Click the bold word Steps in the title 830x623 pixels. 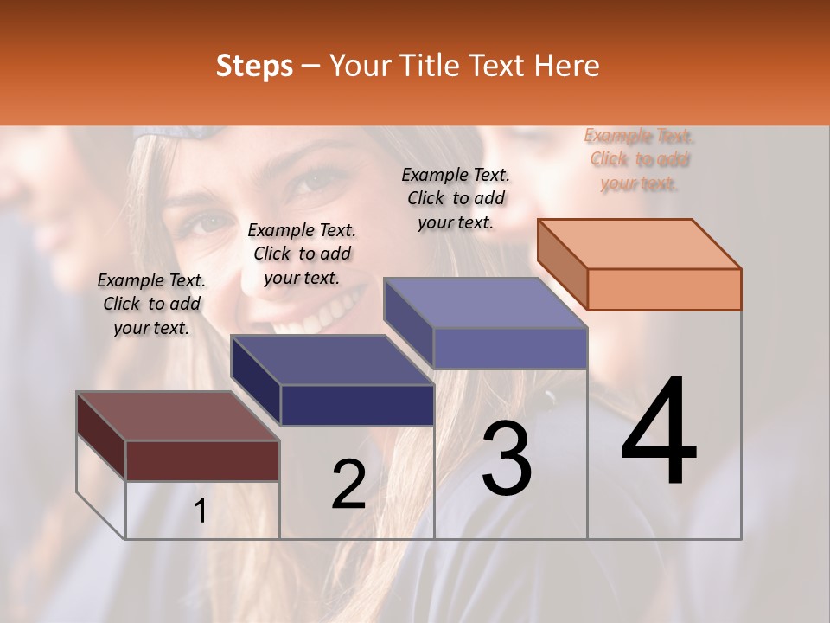coord(254,66)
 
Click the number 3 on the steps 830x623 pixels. coord(507,459)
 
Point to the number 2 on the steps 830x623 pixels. coord(348,485)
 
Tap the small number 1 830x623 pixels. coord(201,511)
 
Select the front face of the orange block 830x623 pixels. coord(664,289)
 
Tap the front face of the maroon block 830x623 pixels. coord(202,460)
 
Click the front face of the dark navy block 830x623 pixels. coord(357,405)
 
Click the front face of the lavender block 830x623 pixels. coord(510,348)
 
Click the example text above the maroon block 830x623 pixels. coord(151,305)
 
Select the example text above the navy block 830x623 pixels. coord(302,254)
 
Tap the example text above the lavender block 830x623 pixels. coord(456,198)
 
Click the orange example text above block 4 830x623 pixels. coord(639,159)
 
